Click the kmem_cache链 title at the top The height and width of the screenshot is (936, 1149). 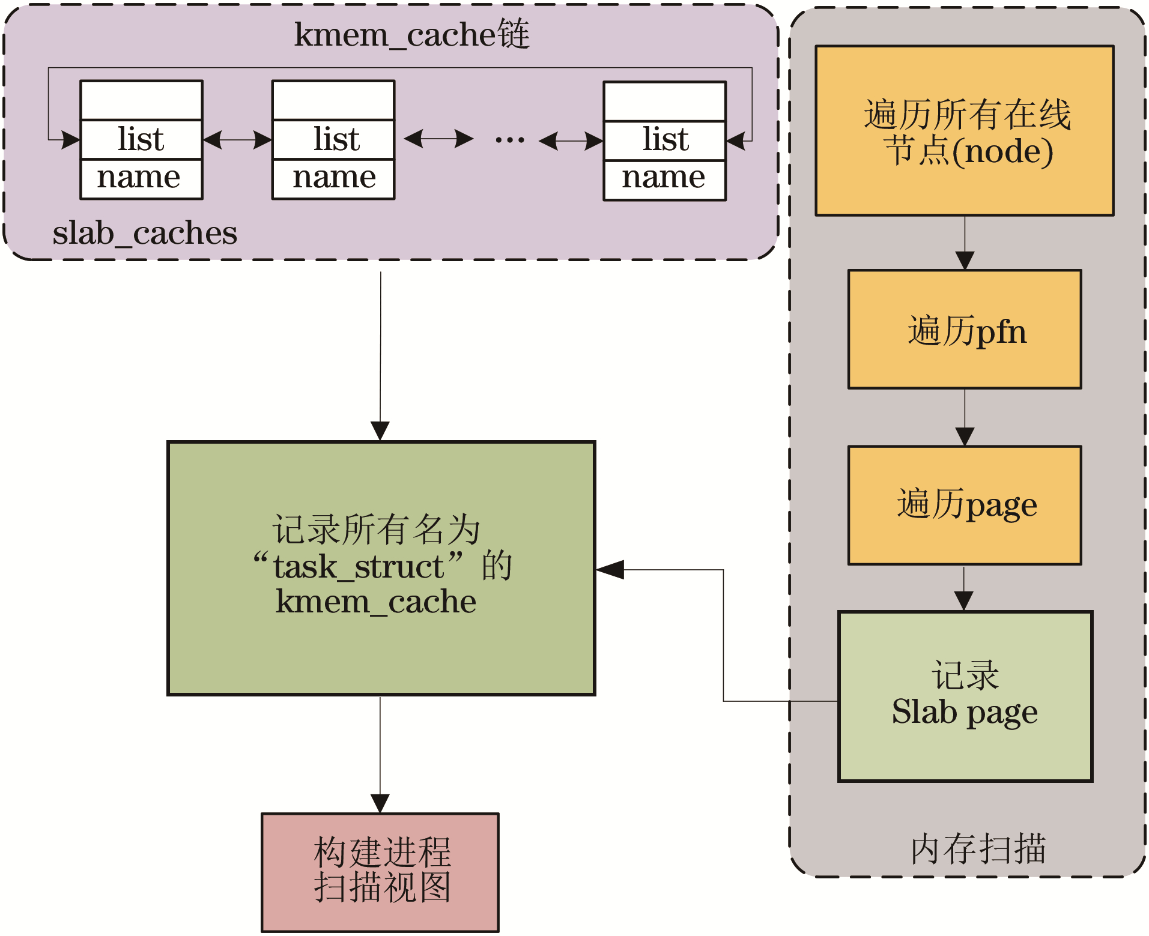click(x=411, y=34)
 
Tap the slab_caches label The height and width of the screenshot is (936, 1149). click(x=145, y=233)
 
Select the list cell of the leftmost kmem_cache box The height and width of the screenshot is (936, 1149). click(x=141, y=139)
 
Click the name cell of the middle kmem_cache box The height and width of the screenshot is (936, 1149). click(x=333, y=178)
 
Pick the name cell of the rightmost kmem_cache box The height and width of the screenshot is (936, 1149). click(x=664, y=179)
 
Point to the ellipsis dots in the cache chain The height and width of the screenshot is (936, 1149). click(x=509, y=140)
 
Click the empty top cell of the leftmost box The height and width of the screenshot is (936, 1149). click(x=141, y=101)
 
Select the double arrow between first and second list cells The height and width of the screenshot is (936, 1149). click(x=237, y=140)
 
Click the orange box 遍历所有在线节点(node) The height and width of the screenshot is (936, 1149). click(x=964, y=131)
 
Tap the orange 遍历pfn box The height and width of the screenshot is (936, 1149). click(x=964, y=330)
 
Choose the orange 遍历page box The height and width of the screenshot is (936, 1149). click(x=964, y=505)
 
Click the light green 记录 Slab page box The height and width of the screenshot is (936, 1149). click(x=965, y=696)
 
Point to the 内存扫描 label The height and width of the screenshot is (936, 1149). click(x=978, y=849)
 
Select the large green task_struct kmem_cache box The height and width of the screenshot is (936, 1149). click(x=381, y=568)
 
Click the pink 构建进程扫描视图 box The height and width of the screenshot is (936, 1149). click(x=380, y=872)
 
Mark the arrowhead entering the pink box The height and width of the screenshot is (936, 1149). click(x=380, y=803)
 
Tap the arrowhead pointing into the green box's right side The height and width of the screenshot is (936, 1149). click(x=610, y=570)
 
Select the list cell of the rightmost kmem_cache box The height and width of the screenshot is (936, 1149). click(x=664, y=140)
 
